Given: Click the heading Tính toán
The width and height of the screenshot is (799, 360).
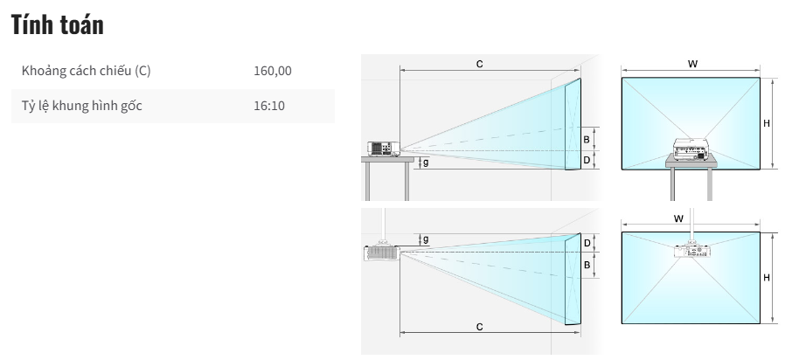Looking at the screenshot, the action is click(57, 24).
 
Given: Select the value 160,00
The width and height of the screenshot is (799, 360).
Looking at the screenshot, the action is click(273, 71).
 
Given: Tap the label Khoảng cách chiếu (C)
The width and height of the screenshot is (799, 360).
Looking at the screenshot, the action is click(87, 71).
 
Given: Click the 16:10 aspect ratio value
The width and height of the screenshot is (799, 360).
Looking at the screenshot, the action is click(269, 106).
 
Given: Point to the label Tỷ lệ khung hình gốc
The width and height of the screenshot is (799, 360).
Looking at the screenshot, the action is click(81, 106).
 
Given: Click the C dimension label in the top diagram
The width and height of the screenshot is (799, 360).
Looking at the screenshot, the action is click(480, 64).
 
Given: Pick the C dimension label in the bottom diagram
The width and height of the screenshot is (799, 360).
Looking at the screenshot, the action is click(480, 327).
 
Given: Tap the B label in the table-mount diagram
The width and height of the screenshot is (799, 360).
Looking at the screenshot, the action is click(587, 140).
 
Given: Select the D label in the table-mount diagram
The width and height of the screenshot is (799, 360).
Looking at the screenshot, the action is click(587, 161).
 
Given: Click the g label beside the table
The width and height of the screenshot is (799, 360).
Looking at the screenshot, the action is click(426, 163).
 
